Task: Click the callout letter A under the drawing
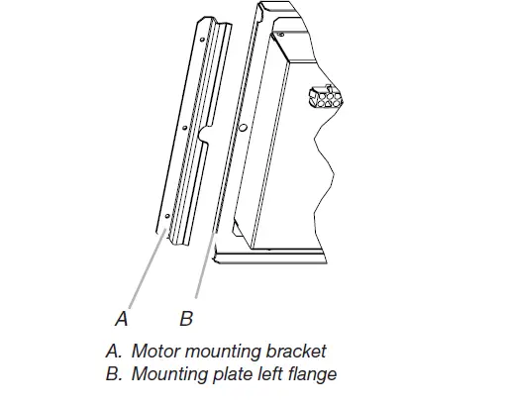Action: tap(122, 319)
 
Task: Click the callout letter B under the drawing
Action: tap(185, 319)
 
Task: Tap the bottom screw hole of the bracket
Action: tap(168, 215)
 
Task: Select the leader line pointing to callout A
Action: tap(139, 272)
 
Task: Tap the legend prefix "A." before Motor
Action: tap(112, 351)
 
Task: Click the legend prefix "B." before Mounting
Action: tap(112, 373)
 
